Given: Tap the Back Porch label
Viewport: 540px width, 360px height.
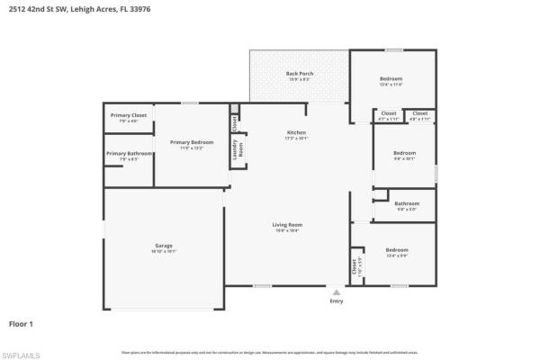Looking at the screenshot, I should point(299,73).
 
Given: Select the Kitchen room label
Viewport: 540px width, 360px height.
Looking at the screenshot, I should point(296,132).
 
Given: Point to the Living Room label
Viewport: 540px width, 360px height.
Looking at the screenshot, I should point(287,224).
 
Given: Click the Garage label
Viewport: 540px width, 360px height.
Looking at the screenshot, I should point(163,246).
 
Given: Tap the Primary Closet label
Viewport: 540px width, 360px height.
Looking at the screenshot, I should point(129,115).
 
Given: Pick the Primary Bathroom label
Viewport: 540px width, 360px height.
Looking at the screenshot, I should point(129,154).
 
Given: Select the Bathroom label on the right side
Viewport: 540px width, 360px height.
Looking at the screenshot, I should point(407,203).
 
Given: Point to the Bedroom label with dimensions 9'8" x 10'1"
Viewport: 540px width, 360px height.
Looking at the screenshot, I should point(405,153).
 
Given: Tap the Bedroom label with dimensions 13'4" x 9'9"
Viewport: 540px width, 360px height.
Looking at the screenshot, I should point(397,249).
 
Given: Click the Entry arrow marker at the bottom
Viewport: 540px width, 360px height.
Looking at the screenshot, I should point(337,292).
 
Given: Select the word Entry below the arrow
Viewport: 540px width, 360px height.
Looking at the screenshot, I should point(337,301).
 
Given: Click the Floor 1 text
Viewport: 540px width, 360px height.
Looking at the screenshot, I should point(21,322).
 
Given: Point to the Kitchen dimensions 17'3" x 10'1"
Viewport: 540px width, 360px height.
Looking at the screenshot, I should point(296,139).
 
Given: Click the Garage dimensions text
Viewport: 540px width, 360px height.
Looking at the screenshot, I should point(163,252).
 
